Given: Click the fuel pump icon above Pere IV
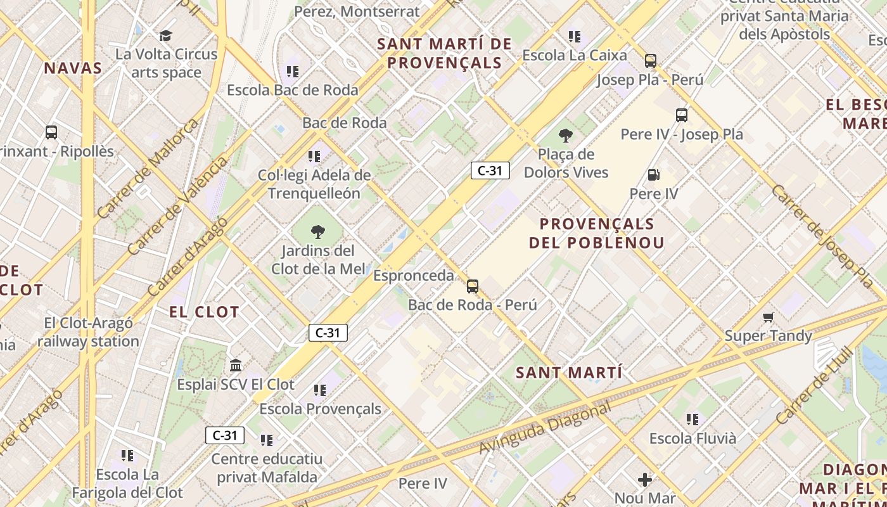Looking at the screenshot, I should pos(653,174).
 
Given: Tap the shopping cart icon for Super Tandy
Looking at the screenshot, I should pos(769,317).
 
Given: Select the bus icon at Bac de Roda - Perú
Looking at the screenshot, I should pos(473,286).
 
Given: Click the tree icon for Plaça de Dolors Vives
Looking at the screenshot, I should pos(565,135).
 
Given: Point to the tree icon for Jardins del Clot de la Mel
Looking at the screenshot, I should pos(318,232).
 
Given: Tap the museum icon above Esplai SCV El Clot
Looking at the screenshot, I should pos(236,366).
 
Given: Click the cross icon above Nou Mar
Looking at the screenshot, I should pos(645,480).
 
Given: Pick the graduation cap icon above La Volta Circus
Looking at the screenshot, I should pos(166,35).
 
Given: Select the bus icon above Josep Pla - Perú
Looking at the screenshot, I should pos(651,61).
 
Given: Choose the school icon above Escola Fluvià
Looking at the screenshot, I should pos(692,419).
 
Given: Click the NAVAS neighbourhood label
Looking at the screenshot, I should pos(73,68).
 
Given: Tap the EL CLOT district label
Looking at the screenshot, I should pos(204,312).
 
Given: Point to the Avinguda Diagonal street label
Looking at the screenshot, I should pos(544,428).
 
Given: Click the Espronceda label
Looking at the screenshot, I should pos(413,276).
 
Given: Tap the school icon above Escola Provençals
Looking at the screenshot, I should pos(320,390).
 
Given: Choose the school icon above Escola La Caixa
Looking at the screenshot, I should pos(575,36).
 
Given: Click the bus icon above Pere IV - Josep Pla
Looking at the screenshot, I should pos(682,115).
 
